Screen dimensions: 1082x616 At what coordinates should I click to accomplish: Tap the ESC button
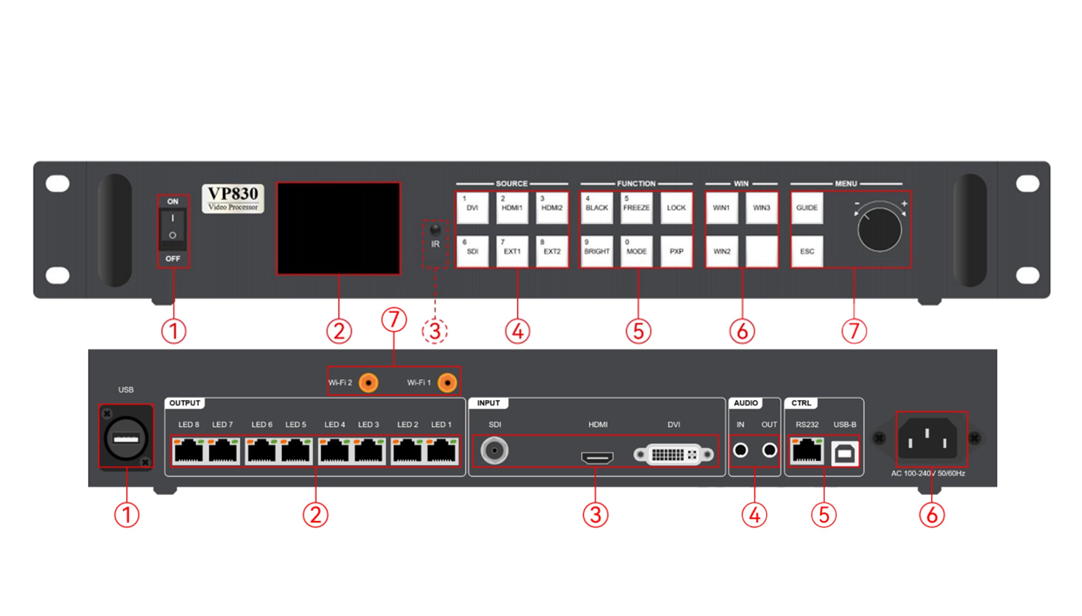tap(807, 251)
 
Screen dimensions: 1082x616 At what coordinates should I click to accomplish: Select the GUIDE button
tap(807, 207)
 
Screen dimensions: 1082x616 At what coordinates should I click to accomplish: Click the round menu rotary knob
tap(879, 229)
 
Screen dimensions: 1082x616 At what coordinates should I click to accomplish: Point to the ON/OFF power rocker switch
tap(173, 230)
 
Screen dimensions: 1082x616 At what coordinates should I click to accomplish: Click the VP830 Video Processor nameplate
tap(233, 198)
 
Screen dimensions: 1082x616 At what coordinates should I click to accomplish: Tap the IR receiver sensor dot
tap(436, 229)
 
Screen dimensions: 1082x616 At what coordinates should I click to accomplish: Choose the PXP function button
tap(676, 251)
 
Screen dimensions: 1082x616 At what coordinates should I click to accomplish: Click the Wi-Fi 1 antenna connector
tap(447, 383)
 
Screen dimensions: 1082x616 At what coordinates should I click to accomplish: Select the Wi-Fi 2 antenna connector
tap(368, 383)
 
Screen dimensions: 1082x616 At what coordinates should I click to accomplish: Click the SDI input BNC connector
tap(494, 450)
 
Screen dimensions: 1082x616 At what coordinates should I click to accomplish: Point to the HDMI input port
tap(597, 458)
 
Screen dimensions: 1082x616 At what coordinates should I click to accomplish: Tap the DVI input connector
tap(674, 454)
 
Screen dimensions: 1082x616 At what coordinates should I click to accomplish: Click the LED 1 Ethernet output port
tap(441, 451)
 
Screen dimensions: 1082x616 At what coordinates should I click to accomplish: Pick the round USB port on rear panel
tap(126, 439)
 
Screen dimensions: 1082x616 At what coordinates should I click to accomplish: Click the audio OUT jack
tap(770, 450)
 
